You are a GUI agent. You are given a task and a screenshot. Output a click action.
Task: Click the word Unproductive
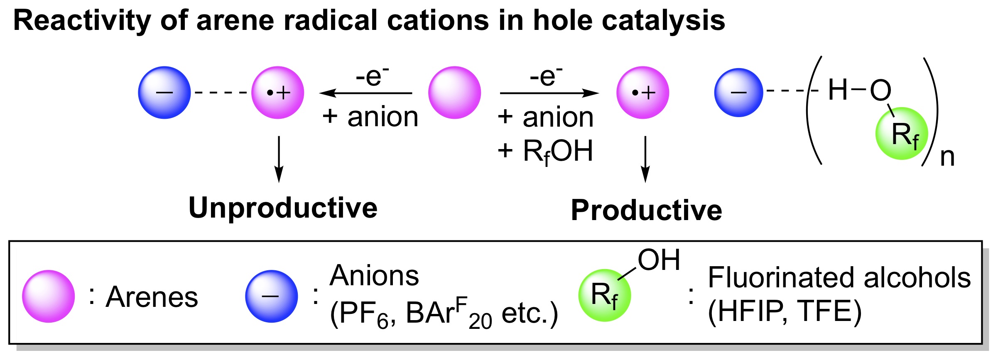pos(283,208)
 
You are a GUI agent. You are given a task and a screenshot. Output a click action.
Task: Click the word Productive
pos(646,210)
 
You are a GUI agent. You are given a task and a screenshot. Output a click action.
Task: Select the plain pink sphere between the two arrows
pos(454,93)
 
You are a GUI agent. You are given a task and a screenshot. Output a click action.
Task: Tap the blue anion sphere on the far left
pos(164,93)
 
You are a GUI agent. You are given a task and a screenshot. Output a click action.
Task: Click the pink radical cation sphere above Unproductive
pos(278,93)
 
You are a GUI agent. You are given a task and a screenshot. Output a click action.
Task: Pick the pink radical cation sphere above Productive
pos(643,93)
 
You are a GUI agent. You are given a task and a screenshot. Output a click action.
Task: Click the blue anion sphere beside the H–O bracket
pos(739,93)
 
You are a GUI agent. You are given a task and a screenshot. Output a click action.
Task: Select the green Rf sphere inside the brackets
pos(902,134)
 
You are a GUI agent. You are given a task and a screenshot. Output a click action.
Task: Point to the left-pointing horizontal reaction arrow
pos(365,93)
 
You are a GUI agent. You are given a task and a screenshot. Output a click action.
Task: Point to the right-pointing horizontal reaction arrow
pos(549,93)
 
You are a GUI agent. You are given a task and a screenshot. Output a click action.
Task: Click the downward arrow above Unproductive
pos(279,159)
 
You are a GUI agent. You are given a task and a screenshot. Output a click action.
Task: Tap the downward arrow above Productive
pos(645,159)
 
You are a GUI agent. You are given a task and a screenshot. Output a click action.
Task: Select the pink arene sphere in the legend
pos(49,296)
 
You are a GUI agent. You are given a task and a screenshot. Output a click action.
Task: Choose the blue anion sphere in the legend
pos(272,296)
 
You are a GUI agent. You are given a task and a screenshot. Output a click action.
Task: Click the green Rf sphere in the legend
pos(605,296)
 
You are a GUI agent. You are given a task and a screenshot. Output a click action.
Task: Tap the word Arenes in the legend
pos(152,297)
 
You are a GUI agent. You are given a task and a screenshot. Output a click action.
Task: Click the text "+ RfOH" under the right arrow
pos(545,152)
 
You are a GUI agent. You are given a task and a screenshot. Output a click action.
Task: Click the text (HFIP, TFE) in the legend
pos(785,312)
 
